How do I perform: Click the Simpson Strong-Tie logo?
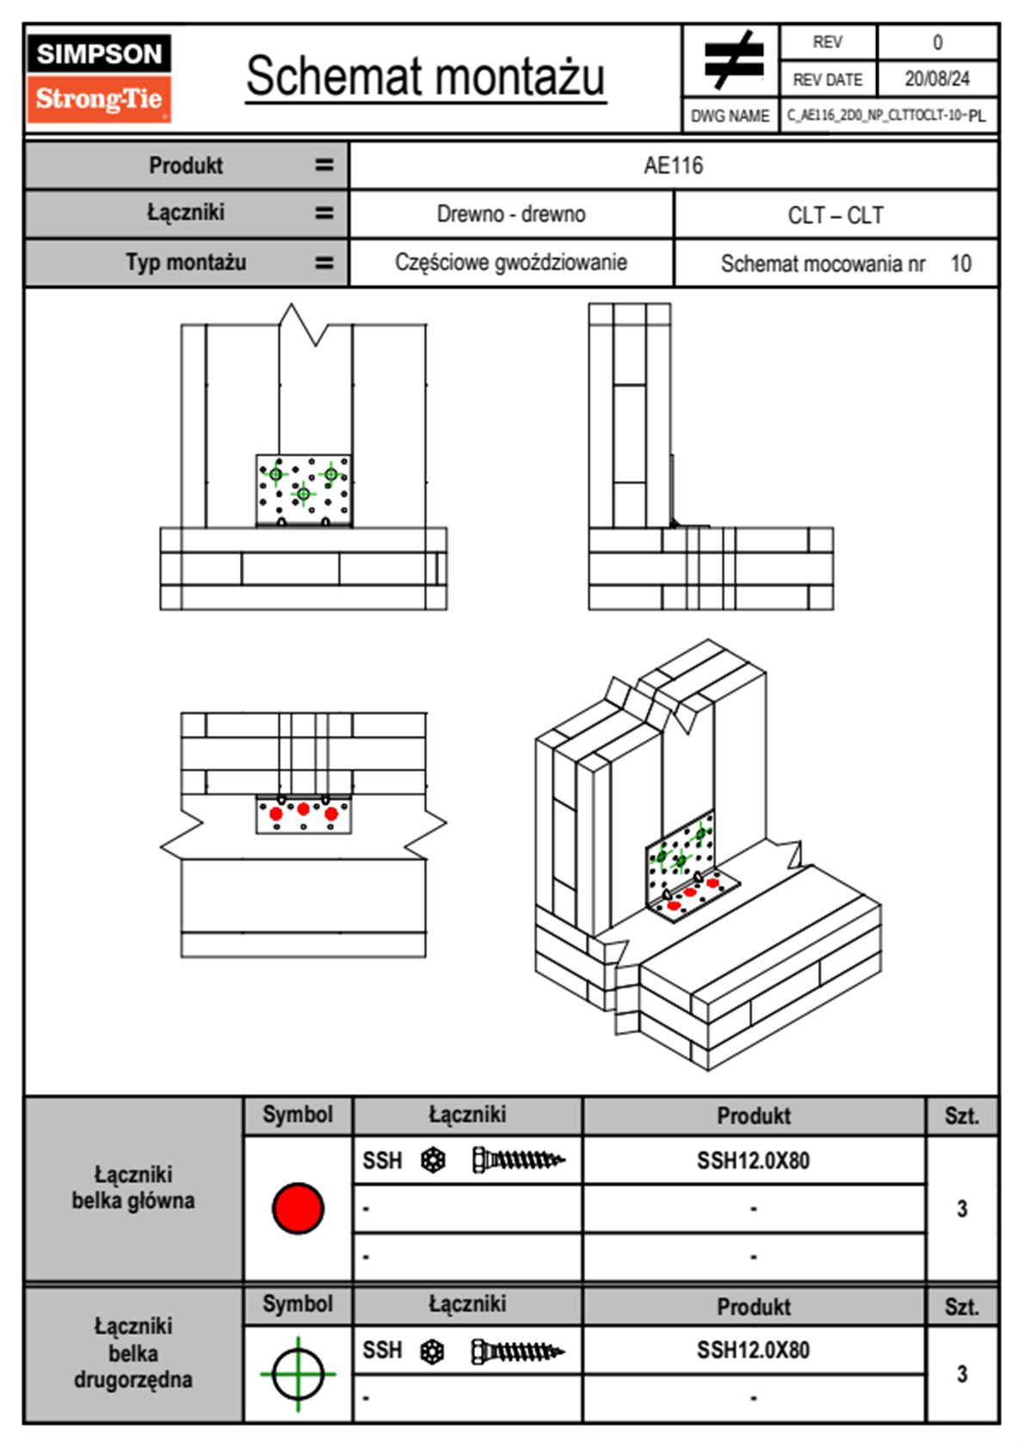coord(98,77)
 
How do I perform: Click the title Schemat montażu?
coord(425,77)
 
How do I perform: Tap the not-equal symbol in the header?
coord(733,60)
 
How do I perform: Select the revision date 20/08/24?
coord(936,79)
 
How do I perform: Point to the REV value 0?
coord(937,42)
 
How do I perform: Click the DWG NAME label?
coord(730,116)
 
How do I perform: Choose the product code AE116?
coord(673,165)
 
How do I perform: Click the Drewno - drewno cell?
coord(511,214)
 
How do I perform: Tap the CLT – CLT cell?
coord(836,215)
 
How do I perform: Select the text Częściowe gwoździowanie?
coord(511,263)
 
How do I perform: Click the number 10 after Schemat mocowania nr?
coord(960,263)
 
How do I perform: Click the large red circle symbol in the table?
coord(298,1208)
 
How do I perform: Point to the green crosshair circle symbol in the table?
coord(298,1374)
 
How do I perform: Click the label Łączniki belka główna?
coord(133,1188)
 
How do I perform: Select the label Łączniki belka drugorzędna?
coord(133,1352)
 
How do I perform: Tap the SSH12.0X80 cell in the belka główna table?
coord(753,1160)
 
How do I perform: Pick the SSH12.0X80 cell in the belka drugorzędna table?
coord(753,1350)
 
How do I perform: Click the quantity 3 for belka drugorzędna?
coord(961,1374)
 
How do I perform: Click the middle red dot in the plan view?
coord(303,808)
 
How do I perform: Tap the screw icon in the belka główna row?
coord(518,1160)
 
